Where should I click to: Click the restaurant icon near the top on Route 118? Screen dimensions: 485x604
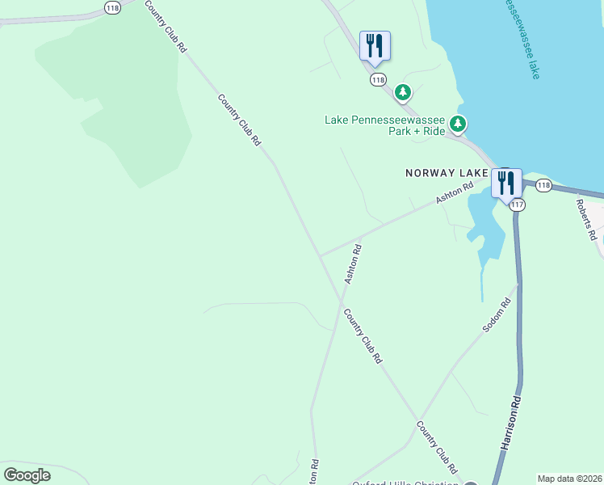[375, 45]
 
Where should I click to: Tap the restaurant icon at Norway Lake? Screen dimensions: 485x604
[506, 183]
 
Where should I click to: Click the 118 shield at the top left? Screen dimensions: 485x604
[113, 6]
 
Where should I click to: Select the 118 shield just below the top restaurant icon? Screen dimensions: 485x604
[379, 79]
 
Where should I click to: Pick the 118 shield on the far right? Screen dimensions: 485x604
[543, 186]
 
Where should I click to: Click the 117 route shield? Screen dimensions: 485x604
[518, 205]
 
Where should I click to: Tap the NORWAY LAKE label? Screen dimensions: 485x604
[446, 173]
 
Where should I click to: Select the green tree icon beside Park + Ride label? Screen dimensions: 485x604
[459, 124]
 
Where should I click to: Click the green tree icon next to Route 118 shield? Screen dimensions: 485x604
[403, 93]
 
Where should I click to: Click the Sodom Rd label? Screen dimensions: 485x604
[497, 316]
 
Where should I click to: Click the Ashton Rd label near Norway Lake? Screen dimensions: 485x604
[454, 194]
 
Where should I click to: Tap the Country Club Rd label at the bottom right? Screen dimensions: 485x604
[438, 447]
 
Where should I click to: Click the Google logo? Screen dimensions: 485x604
[27, 475]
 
